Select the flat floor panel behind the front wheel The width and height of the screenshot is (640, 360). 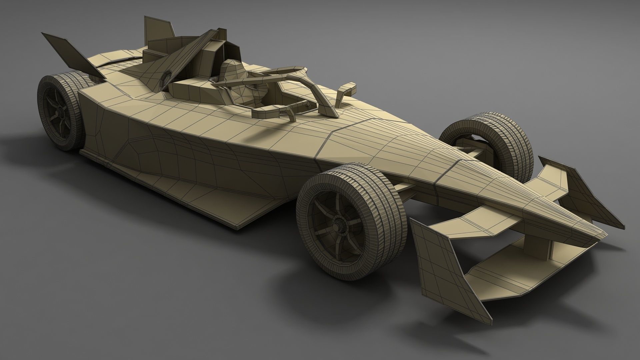pos(253,213)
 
